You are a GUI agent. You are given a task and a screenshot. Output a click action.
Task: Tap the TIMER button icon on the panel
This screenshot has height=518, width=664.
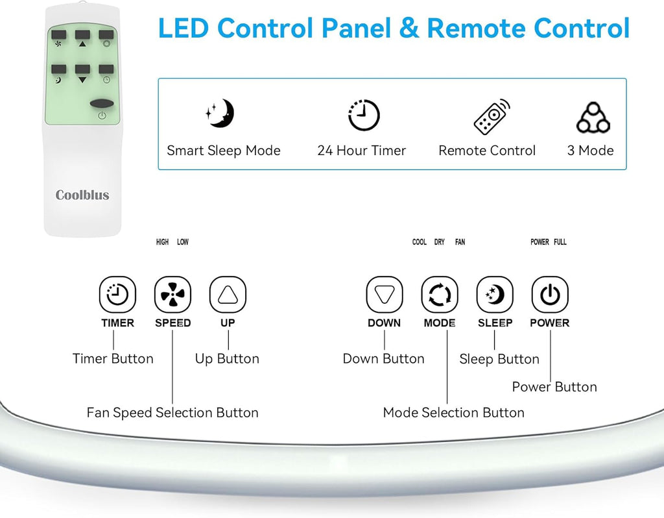[117, 294]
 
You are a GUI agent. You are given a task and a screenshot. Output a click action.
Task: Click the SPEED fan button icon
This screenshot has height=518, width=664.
[172, 294]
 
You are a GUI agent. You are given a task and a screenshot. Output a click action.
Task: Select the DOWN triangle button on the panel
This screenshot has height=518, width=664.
[385, 294]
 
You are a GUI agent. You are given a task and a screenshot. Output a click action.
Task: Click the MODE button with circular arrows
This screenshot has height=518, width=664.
[440, 294]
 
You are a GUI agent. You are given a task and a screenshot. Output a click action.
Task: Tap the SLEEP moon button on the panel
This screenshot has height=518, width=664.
[495, 294]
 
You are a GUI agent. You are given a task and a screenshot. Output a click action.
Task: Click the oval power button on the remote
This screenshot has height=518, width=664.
[102, 103]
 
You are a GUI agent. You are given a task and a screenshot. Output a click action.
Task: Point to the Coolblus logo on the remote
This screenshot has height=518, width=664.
[82, 195]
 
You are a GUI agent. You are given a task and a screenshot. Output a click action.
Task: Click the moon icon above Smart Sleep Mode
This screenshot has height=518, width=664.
[220, 113]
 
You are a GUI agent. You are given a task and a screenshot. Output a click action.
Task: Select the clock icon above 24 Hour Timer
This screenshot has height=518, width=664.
[364, 114]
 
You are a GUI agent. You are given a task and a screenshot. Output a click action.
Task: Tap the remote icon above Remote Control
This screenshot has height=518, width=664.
[492, 116]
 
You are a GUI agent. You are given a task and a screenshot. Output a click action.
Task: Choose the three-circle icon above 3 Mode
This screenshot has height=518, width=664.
[593, 117]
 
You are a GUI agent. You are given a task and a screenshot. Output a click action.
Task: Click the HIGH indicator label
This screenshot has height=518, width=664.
[162, 242]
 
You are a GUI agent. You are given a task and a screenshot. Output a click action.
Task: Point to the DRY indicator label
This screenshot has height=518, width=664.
[440, 242]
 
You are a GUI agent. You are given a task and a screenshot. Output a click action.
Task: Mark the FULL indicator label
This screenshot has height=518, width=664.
[560, 242]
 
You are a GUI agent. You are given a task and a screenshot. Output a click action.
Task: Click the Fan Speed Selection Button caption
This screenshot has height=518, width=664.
[172, 412]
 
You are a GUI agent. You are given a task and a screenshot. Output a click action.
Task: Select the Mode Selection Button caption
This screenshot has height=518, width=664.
[453, 412]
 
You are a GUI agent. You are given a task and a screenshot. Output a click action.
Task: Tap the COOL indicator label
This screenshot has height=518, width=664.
[420, 242]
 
